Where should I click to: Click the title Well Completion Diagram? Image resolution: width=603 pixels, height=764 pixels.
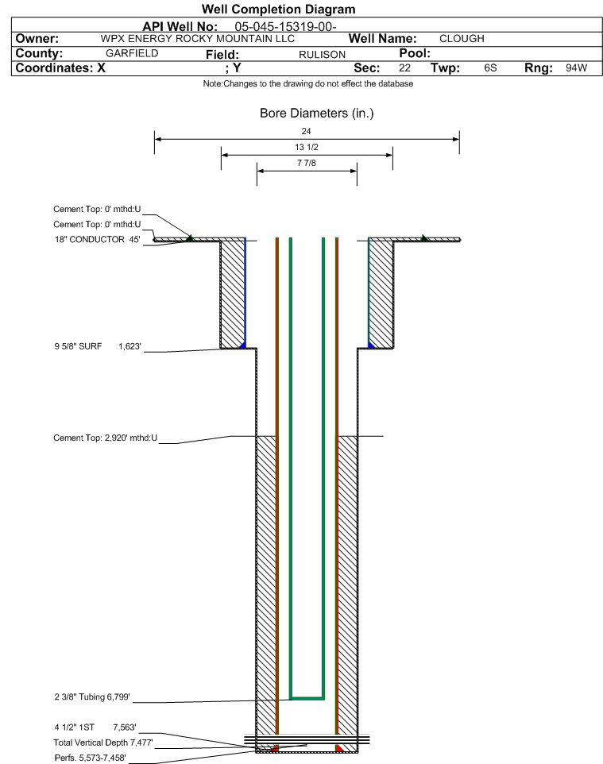[x=279, y=10]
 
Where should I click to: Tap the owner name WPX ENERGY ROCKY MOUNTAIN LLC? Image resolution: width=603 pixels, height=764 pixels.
[x=198, y=38]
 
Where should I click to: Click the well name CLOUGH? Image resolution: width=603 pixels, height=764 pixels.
[x=462, y=38]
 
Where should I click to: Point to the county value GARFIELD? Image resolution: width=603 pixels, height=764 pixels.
[x=132, y=53]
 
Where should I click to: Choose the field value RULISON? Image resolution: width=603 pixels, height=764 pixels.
[x=322, y=54]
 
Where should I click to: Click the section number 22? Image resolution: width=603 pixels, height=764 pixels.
[x=404, y=68]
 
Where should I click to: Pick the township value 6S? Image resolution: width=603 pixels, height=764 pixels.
[x=490, y=68]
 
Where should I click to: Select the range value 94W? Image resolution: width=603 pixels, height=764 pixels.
[x=576, y=68]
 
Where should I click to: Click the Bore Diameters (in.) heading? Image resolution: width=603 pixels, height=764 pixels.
[x=316, y=114]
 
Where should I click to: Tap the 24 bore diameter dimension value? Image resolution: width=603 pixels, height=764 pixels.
[x=307, y=131]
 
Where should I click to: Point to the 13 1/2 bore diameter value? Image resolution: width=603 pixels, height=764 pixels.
[x=307, y=148]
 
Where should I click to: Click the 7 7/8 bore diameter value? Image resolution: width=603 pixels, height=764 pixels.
[x=307, y=164]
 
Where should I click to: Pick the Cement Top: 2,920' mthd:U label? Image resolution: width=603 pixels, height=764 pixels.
[x=105, y=438]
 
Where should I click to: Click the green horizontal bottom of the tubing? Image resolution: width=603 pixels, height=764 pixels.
[x=307, y=697]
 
